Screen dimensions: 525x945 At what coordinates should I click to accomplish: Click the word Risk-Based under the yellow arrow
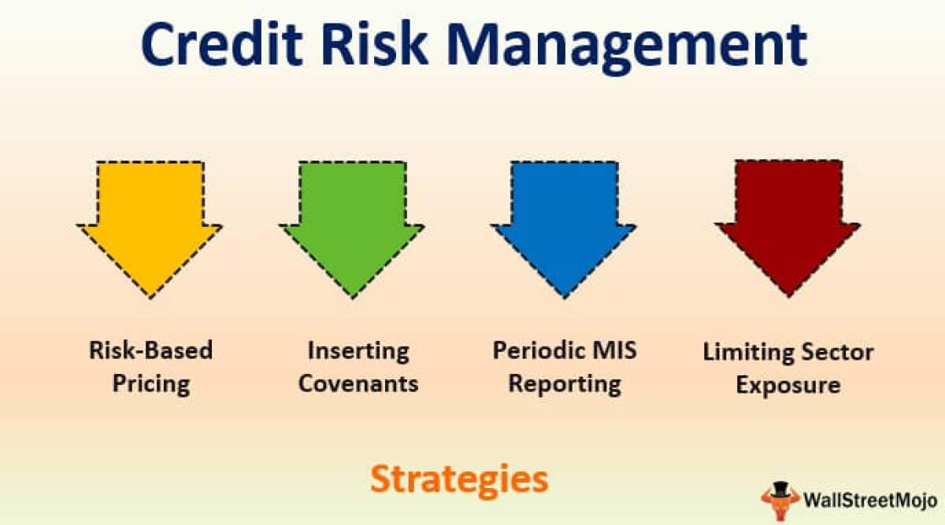[150, 349]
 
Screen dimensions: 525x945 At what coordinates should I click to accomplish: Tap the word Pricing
[150, 383]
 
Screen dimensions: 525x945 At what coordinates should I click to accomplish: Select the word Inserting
[358, 350]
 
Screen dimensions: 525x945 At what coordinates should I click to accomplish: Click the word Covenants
[358, 383]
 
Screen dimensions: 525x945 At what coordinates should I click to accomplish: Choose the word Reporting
[565, 384]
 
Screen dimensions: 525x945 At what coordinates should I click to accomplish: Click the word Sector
[836, 352]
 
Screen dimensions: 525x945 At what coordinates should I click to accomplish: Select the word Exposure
[787, 386]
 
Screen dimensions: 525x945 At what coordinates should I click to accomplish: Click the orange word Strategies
[459, 479]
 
